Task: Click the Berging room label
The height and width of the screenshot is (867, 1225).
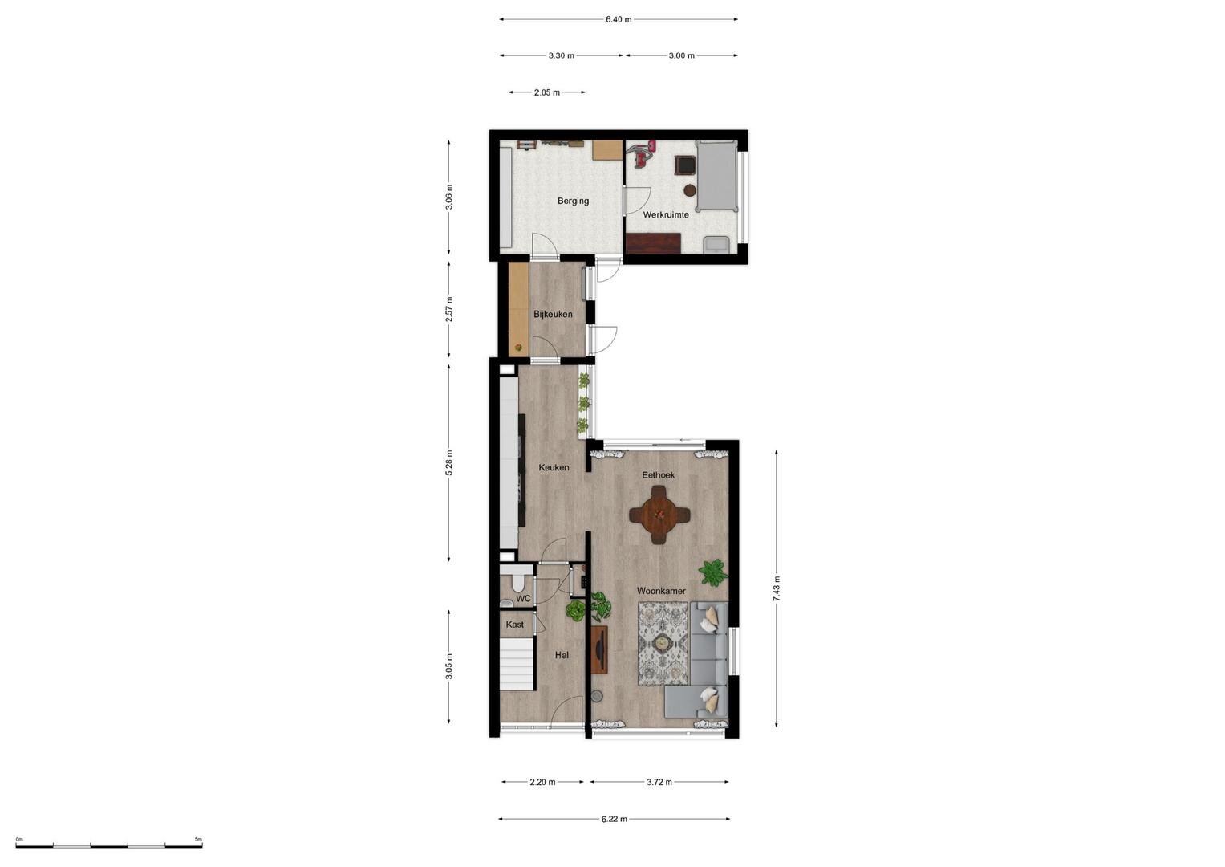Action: point(573,201)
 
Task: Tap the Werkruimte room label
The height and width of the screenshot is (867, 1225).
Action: point(666,214)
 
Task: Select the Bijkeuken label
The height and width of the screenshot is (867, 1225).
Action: point(553,314)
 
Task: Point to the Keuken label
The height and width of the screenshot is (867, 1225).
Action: point(554,467)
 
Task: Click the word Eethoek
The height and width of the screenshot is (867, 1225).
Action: point(658,475)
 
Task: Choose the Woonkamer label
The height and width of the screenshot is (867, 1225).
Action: point(661,591)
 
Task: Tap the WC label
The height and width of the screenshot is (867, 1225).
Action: point(523,599)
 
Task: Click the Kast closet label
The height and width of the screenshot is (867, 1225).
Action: point(514,624)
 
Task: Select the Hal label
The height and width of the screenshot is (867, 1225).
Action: point(562,655)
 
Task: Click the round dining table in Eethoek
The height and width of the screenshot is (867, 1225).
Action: point(659,515)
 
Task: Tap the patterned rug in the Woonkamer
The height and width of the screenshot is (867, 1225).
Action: point(663,643)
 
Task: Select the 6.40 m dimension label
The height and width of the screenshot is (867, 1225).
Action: point(619,20)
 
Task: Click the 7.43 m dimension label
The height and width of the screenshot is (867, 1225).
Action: point(777,589)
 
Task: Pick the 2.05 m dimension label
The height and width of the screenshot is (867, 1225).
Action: point(547,92)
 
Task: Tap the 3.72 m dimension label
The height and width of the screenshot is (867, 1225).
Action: point(659,782)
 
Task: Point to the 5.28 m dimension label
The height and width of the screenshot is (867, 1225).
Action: point(449,463)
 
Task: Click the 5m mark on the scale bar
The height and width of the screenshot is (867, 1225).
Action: point(198,839)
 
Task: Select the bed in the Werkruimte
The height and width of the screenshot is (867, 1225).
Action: point(716,176)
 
